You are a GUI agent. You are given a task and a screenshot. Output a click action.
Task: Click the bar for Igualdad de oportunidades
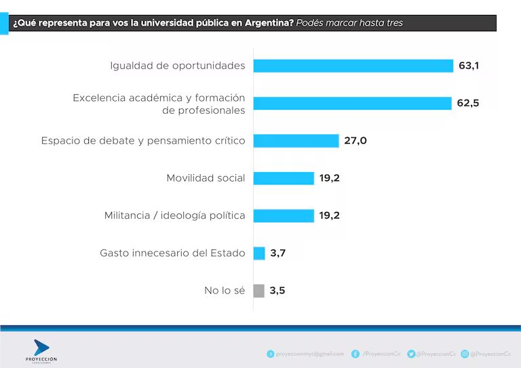tap(353, 66)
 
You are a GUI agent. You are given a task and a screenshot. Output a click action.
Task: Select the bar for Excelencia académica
tap(352, 103)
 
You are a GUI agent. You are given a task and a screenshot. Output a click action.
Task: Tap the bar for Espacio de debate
tap(296, 141)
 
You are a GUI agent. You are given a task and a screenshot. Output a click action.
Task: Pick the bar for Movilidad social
tap(284, 178)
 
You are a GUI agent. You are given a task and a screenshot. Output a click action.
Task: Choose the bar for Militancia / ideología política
tap(284, 216)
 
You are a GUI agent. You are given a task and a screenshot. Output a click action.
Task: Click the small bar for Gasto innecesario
tap(259, 253)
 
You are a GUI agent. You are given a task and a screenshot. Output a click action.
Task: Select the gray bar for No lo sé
tap(259, 291)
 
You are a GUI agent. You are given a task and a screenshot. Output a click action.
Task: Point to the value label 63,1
tap(469, 66)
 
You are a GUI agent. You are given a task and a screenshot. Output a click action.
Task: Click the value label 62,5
tap(467, 103)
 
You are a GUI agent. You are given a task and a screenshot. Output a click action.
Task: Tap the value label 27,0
tap(355, 141)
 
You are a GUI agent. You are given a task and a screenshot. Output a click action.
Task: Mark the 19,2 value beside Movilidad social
tap(329, 178)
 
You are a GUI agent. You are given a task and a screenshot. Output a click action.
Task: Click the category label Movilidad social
tap(206, 178)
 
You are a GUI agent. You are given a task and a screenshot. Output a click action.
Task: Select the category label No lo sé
tap(225, 291)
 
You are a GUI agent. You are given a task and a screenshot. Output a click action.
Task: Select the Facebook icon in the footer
tap(355, 354)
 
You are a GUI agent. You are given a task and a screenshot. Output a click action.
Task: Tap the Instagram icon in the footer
tap(465, 354)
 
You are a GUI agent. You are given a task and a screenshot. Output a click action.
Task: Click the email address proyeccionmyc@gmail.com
tap(309, 354)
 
